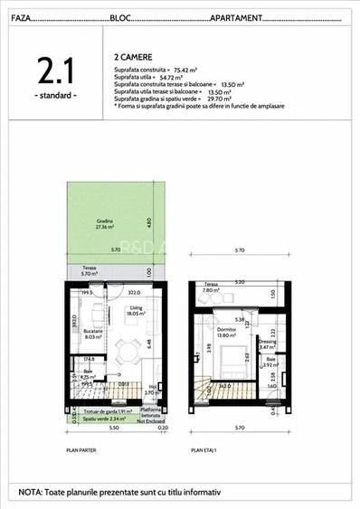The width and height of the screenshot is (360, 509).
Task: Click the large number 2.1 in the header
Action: point(55,71)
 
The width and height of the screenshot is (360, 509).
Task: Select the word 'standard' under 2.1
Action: point(55,95)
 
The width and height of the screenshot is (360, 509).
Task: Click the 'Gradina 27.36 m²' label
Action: point(108,224)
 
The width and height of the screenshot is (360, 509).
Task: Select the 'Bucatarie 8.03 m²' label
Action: point(84,335)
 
